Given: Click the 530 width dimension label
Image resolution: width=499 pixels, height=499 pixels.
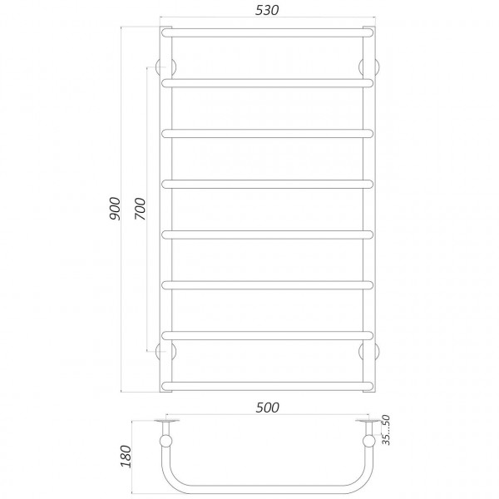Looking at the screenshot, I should [x=267, y=11].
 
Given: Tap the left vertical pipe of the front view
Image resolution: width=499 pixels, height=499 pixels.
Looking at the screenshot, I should [x=166, y=208].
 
